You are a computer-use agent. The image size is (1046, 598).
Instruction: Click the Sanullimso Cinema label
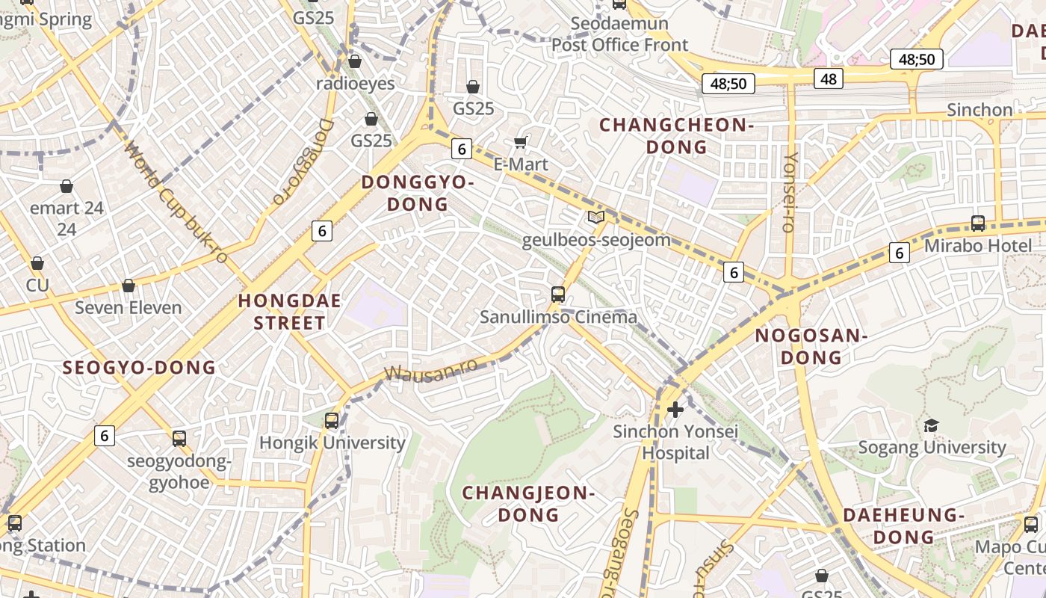point(558,317)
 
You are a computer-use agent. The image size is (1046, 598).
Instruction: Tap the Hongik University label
point(332,443)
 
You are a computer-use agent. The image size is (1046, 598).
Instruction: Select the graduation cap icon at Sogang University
point(931,425)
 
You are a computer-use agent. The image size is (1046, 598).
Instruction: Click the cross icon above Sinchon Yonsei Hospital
point(675,409)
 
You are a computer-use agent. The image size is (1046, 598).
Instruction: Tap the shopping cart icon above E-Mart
point(521,142)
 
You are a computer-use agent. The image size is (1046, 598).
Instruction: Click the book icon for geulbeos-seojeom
point(595,218)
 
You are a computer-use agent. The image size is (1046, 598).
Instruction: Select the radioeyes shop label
point(355,83)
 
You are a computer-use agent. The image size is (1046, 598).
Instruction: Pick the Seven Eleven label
point(129,307)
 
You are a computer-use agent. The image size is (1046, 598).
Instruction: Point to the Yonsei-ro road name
point(790,193)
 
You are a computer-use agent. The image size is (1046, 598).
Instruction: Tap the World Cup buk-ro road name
point(176,202)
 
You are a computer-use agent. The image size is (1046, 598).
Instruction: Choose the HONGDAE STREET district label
point(289,312)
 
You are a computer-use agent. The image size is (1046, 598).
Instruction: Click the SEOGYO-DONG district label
point(139,367)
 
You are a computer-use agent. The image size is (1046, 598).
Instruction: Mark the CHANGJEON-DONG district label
point(528,503)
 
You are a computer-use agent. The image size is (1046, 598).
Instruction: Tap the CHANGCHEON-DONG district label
point(676,135)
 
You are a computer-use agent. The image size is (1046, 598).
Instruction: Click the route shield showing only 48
point(828,78)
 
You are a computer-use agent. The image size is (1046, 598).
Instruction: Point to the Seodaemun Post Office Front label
point(619,34)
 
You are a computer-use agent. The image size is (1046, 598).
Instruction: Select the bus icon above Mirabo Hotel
point(977,223)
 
